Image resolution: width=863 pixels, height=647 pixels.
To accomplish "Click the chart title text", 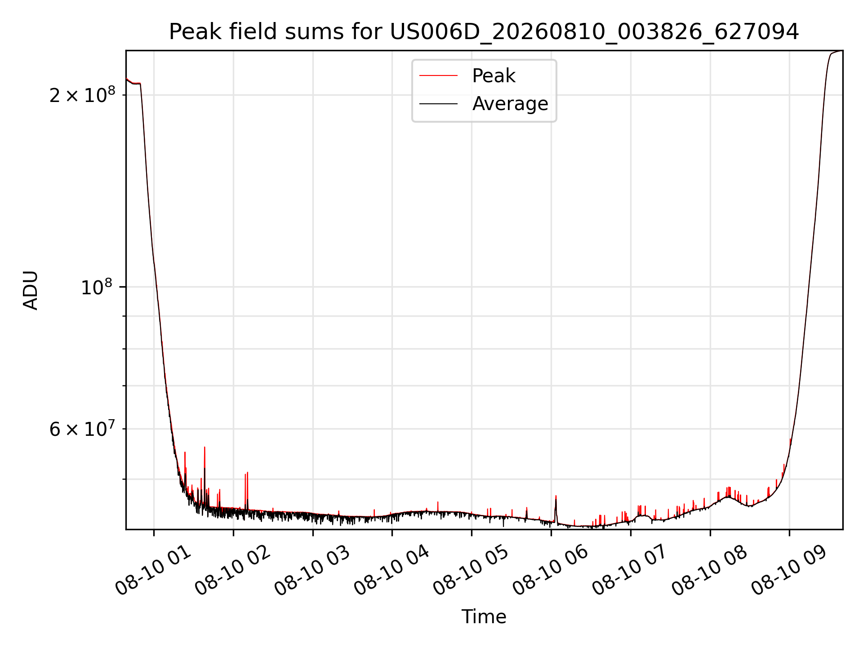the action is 484,32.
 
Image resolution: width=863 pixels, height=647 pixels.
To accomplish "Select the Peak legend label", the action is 494,76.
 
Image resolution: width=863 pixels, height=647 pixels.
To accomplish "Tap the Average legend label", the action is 510,104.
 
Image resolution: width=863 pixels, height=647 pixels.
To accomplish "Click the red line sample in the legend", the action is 438,76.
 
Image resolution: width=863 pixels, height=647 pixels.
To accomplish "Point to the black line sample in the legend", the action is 438,104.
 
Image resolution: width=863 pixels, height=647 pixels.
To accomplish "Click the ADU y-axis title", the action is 31,290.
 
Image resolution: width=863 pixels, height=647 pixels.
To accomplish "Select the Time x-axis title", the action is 484,617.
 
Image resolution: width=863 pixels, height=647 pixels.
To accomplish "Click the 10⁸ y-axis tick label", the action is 98,286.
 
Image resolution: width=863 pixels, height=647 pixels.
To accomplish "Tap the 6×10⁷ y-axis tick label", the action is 82,428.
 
